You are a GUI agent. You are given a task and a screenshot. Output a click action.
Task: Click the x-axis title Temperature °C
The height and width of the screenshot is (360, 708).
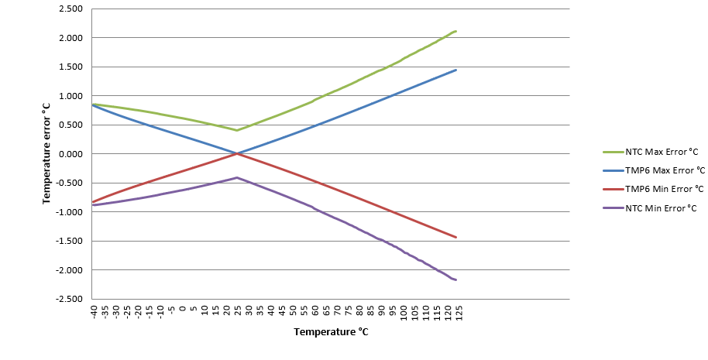tap(331, 332)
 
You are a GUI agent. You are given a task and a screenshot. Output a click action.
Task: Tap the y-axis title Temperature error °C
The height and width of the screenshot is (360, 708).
tap(47, 154)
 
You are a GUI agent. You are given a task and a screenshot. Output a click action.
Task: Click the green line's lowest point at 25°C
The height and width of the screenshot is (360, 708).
tap(237, 130)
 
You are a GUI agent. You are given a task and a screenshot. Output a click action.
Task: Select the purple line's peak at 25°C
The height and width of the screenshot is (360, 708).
tap(237, 177)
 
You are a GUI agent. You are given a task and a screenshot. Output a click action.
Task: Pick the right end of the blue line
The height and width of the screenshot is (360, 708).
tap(456, 70)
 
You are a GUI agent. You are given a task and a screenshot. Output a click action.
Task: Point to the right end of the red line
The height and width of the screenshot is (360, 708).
tap(456, 237)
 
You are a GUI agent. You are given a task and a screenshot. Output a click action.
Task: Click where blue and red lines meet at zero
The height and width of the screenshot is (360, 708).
tap(237, 153)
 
